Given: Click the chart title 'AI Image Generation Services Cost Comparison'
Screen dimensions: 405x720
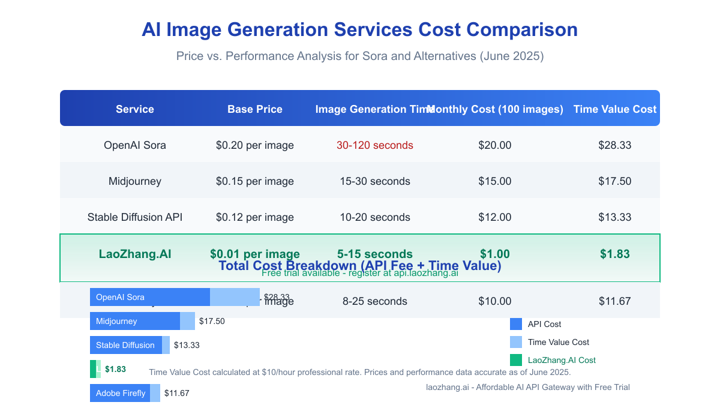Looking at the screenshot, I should coord(359,30).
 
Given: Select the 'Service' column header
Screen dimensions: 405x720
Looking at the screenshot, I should coord(135,109).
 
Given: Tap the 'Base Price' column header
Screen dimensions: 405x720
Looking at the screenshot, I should coord(255,109).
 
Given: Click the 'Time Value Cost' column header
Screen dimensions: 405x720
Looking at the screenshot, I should coord(615,109).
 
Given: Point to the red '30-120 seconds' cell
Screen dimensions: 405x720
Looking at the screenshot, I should coord(375,145).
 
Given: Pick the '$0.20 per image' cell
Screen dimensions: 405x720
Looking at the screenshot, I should coord(255,145).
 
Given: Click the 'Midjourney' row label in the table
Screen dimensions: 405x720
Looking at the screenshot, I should coord(135,181).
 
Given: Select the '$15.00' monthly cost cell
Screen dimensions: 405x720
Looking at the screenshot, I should coord(495,181).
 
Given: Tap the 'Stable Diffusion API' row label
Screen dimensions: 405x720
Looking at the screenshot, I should coord(135,217).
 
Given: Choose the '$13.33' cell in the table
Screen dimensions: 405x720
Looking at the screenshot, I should coord(615,217).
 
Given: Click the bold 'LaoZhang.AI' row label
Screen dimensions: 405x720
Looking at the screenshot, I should coord(135,254).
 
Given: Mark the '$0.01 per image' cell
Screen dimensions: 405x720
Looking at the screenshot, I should coord(255,254).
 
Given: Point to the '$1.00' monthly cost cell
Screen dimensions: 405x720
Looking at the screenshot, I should coord(495,254).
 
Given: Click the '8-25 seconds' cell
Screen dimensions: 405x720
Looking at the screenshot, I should coord(375,301).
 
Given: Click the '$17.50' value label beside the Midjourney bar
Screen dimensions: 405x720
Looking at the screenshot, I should coord(212,322).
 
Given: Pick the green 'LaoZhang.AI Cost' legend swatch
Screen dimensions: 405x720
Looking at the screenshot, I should coord(516,360).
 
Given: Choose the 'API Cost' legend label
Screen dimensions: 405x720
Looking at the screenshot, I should coord(544,324).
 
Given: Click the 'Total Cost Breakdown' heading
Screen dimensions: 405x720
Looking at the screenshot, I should coord(360,266).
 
